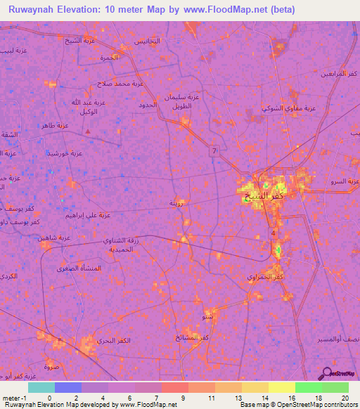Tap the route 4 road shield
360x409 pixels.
click(x=274, y=233)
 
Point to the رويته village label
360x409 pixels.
click(x=177, y=203)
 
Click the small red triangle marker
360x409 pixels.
click(x=87, y=131)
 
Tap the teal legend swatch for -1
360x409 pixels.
click(x=41, y=387)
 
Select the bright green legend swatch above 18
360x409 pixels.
click(x=335, y=387)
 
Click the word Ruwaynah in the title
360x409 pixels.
click(x=34, y=9)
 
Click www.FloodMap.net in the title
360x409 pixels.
click(x=215, y=9)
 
